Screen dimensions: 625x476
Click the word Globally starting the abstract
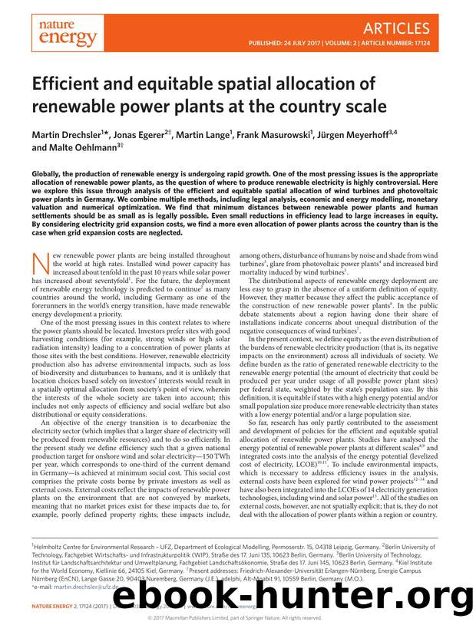coord(49,174)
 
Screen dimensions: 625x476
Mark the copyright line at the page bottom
coord(237,617)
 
